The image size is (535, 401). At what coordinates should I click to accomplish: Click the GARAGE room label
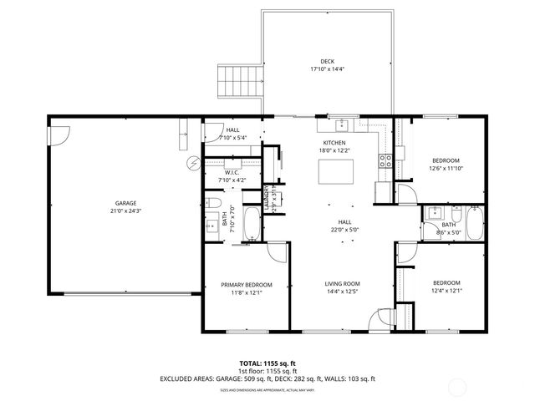point(126,203)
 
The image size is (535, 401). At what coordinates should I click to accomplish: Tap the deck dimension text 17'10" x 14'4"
point(328,70)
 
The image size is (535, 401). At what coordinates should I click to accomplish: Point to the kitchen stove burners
point(386,161)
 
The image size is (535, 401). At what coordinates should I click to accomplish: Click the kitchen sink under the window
point(343,126)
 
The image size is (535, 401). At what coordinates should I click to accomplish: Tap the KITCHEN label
point(334,143)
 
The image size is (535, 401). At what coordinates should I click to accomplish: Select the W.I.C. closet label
point(232,172)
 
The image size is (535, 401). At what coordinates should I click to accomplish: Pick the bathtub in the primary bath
point(252,221)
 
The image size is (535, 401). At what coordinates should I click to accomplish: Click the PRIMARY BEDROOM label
point(247,285)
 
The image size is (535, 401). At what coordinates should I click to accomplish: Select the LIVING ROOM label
point(342,285)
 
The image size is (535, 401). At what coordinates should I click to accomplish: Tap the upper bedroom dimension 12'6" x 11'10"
point(445,168)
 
